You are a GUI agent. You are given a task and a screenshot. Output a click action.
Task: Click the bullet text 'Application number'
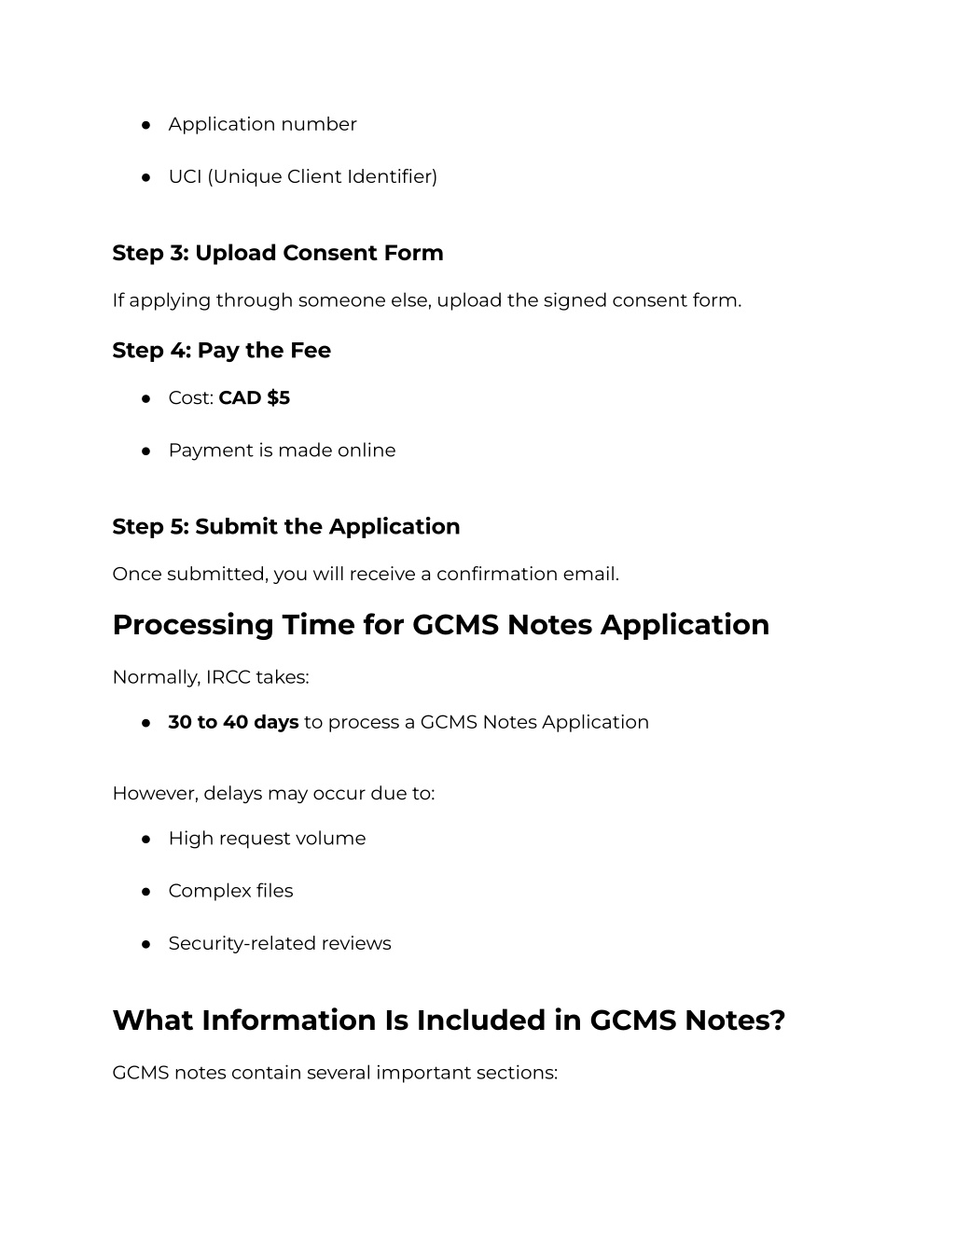[x=262, y=124]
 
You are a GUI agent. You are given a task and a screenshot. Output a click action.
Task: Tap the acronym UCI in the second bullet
[x=185, y=176]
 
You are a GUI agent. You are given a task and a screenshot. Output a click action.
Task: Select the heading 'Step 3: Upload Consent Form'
[x=278, y=253]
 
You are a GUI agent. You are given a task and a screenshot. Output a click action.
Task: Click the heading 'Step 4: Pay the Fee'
[x=221, y=350]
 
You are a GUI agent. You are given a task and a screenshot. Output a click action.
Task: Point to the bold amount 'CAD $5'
[x=254, y=397]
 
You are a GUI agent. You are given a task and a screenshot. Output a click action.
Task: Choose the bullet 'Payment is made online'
[x=282, y=450]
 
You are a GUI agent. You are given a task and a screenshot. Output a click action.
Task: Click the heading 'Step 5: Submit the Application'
[x=285, y=526]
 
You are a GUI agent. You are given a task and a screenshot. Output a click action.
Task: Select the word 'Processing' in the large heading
[x=192, y=625]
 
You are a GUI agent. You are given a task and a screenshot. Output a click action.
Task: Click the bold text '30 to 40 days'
[x=233, y=722]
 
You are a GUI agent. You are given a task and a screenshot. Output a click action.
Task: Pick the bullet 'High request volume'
[x=267, y=839]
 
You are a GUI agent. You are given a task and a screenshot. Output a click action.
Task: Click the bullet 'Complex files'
[x=230, y=891]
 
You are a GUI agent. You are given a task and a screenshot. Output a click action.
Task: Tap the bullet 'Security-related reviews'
[x=280, y=943]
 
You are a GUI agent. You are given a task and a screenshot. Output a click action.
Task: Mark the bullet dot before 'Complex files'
[x=146, y=891]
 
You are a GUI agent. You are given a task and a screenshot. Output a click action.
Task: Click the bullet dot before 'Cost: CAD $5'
[x=146, y=398]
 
